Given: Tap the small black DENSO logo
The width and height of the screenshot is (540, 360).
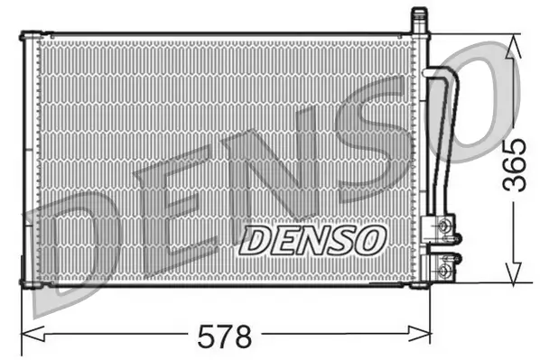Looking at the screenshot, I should click(x=312, y=240).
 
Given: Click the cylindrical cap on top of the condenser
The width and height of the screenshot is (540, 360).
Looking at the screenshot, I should click(x=418, y=19).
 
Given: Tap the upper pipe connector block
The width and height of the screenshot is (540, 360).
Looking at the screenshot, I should click(x=443, y=226).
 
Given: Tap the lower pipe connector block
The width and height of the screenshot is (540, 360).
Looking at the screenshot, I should click(x=443, y=266).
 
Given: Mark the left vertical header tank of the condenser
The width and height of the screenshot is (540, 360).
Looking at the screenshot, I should click(x=31, y=161).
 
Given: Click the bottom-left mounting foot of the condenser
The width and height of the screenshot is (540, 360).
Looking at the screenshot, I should click(x=31, y=285).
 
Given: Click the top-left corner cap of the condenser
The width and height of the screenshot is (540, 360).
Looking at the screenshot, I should click(x=31, y=36).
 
